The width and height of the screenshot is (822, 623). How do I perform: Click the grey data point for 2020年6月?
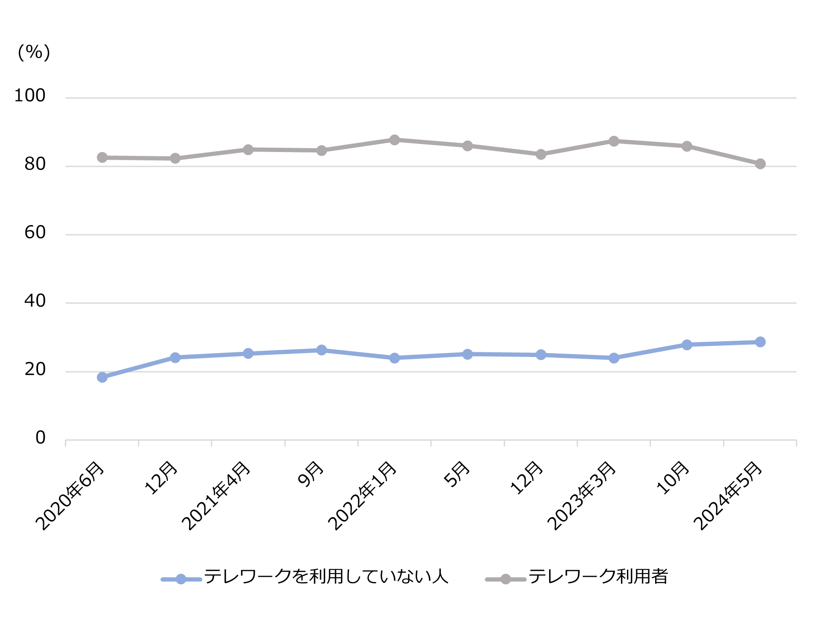click(102, 158)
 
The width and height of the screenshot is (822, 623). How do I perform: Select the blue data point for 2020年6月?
click(102, 377)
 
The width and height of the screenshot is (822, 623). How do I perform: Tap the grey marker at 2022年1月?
click(394, 140)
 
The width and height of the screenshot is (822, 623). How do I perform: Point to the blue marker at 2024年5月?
click(760, 342)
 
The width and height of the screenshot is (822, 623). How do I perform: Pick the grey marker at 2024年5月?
click(760, 164)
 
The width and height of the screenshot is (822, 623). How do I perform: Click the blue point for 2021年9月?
click(321, 350)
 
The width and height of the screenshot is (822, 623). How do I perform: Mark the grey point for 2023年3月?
click(614, 141)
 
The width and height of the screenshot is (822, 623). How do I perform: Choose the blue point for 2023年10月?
click(687, 345)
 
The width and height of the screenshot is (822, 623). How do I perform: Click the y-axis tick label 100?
click(30, 96)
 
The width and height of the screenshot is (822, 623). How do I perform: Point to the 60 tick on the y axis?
click(35, 233)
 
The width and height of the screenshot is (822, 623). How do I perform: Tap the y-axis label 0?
click(41, 438)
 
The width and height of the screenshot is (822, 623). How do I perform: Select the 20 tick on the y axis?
click(35, 369)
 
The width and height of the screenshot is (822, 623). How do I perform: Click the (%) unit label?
click(34, 52)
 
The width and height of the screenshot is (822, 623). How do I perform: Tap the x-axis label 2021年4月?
click(216, 495)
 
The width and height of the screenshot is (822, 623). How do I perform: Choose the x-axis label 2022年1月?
click(362, 495)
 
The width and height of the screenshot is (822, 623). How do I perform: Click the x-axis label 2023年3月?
click(582, 495)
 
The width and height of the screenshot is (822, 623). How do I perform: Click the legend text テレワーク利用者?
click(598, 576)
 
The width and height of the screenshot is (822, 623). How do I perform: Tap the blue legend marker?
click(181, 579)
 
